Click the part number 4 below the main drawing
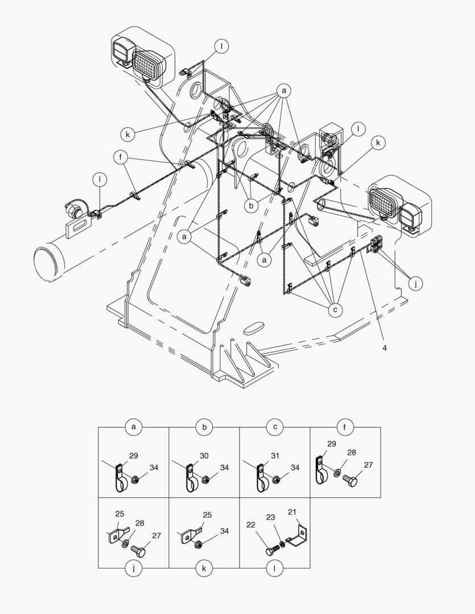[385, 348]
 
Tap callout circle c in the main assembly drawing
[335, 310]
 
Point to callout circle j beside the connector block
[415, 284]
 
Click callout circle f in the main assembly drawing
[121, 158]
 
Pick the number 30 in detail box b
[204, 456]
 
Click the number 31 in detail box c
[275, 456]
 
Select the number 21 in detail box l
[292, 512]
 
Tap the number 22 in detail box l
[251, 525]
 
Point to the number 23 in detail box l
[270, 517]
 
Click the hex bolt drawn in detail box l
[272, 550]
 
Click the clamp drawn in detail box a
[119, 477]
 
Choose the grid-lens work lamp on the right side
[385, 202]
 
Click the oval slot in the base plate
[255, 328]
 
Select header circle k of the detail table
[204, 568]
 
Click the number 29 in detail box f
[332, 443]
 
